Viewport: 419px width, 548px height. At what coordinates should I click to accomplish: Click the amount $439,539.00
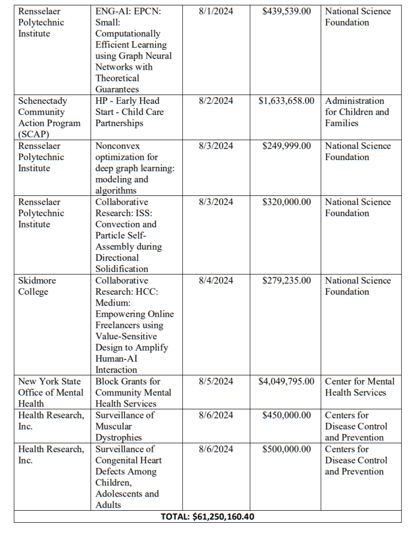tap(286, 11)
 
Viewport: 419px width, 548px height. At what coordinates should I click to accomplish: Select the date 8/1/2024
tap(216, 11)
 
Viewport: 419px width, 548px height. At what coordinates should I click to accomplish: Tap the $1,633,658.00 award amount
tap(286, 101)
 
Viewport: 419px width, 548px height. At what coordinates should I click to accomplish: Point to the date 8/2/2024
tap(216, 101)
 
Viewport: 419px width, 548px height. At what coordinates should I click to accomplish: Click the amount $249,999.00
tap(286, 146)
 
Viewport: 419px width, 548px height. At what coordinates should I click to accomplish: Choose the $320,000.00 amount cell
tap(286, 202)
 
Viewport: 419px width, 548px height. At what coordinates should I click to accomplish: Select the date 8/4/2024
tap(216, 280)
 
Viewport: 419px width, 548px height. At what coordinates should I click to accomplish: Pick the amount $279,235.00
tap(286, 280)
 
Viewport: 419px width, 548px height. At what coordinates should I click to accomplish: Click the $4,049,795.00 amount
tap(286, 381)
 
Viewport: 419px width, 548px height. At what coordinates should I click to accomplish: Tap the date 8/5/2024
tap(216, 381)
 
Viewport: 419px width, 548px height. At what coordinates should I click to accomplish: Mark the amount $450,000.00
tap(286, 415)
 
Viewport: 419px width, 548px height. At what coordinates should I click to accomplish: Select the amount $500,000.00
tap(286, 449)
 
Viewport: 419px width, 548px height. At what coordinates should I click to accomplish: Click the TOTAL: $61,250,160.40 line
tap(207, 516)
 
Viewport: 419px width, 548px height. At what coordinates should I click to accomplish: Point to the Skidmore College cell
tap(37, 286)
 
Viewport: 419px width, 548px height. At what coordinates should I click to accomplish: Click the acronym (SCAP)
tap(34, 134)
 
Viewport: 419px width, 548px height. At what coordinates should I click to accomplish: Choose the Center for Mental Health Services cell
tap(360, 387)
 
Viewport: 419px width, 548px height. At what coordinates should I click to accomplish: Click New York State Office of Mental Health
tap(50, 392)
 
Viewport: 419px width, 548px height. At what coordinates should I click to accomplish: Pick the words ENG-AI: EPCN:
tap(128, 11)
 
